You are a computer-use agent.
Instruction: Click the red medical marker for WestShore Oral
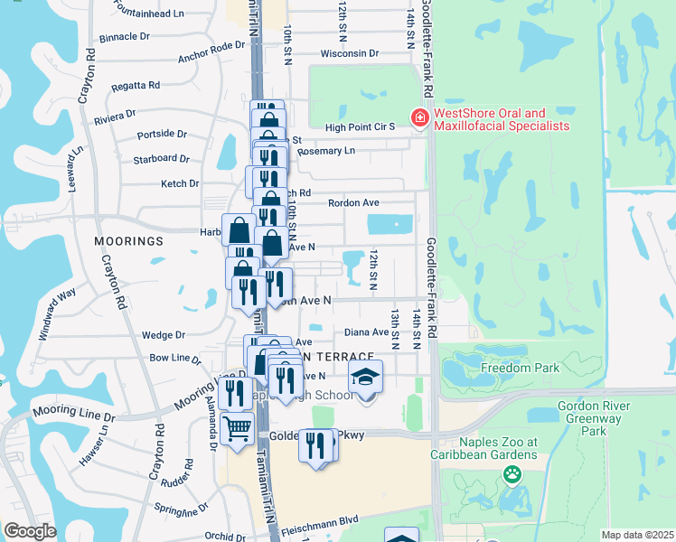pyautogui.click(x=419, y=117)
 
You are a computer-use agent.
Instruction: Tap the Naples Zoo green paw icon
pyautogui.click(x=512, y=472)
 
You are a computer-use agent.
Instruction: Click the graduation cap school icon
pyautogui.click(x=366, y=375)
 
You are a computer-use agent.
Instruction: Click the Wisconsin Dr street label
pyautogui.click(x=349, y=53)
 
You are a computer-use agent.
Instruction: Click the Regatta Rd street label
pyautogui.click(x=136, y=85)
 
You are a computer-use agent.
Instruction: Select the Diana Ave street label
pyautogui.click(x=366, y=332)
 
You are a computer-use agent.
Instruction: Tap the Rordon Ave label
pyautogui.click(x=353, y=203)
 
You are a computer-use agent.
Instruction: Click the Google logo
pyautogui.click(x=29, y=530)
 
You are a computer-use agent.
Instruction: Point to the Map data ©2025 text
pyautogui.click(x=637, y=535)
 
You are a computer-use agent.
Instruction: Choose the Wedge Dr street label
pyautogui.click(x=164, y=334)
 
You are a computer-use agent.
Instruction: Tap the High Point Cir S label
pyautogui.click(x=361, y=127)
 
